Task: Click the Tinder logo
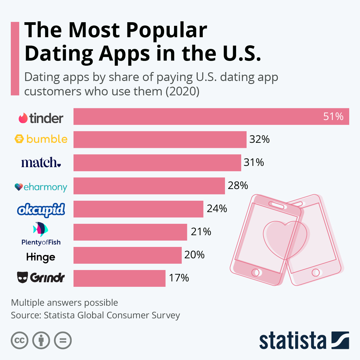pyautogui.click(x=41, y=118)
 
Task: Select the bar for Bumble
pyautogui.click(x=160, y=139)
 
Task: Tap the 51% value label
pyautogui.click(x=333, y=116)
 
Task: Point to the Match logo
pyautogui.click(x=41, y=162)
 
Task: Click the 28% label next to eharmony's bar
pyautogui.click(x=238, y=186)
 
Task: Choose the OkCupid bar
pyautogui.click(x=138, y=209)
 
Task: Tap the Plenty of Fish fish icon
pyautogui.click(x=40, y=229)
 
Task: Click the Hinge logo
pyautogui.click(x=41, y=257)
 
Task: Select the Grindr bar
pyautogui.click(x=119, y=278)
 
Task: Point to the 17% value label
pyautogui.click(x=179, y=278)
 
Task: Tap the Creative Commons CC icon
pyautogui.click(x=19, y=340)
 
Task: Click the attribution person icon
pyautogui.click(x=41, y=340)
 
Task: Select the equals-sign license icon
pyautogui.click(x=63, y=340)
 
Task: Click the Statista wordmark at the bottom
pyautogui.click(x=292, y=341)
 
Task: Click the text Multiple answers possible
pyautogui.click(x=64, y=303)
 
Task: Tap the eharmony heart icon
pyautogui.click(x=19, y=187)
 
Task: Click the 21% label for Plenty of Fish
pyautogui.click(x=201, y=232)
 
